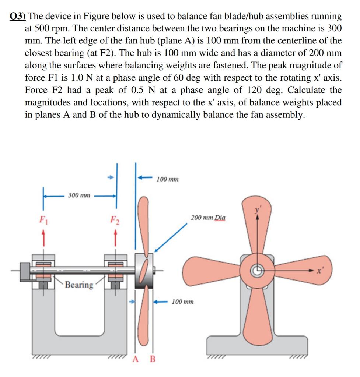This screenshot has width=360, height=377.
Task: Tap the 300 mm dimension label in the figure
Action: tap(79, 195)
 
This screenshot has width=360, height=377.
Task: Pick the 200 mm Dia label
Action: tap(208, 218)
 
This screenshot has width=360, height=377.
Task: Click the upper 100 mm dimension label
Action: tap(168, 179)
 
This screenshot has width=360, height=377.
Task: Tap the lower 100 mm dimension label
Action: tap(183, 302)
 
